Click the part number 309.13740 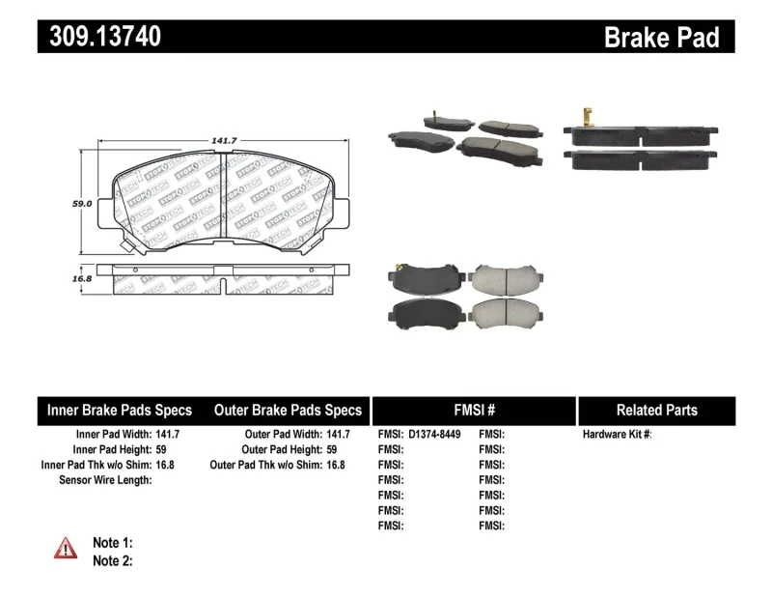pos(99,37)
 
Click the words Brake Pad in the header pos(661,37)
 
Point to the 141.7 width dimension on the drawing pos(225,142)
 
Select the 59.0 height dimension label pos(82,204)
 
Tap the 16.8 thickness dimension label pos(82,278)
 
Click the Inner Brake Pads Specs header pos(120,410)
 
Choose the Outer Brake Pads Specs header pos(288,410)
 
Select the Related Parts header pos(656,410)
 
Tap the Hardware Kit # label pos(618,435)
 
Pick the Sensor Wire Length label pos(105,480)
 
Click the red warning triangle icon pos(66,549)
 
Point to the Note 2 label pos(112,560)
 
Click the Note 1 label pos(112,542)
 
